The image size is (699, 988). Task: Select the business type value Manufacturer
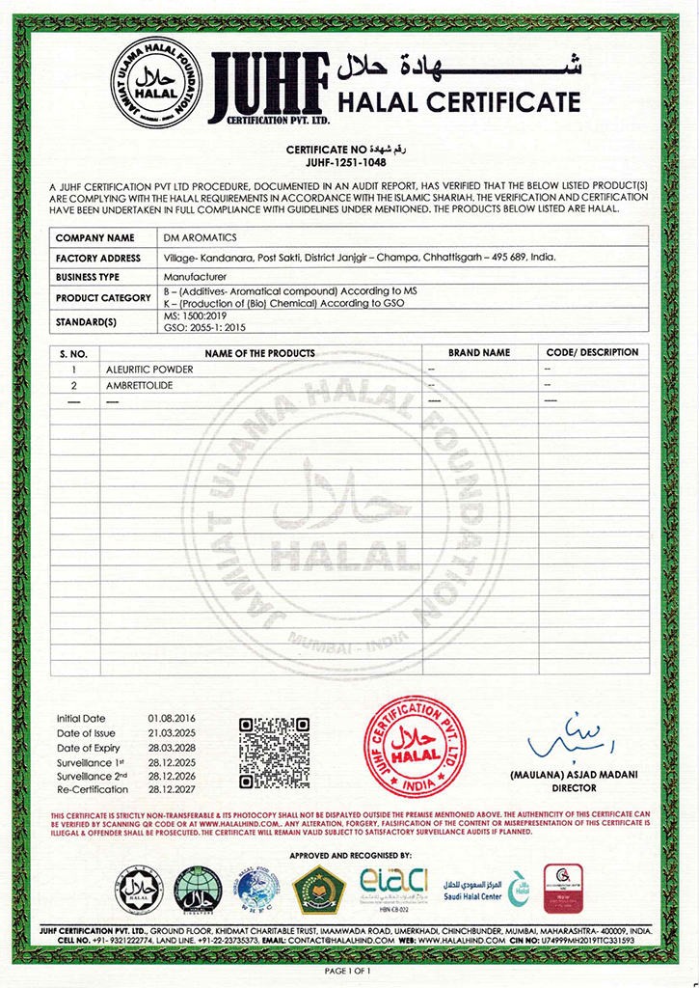pyautogui.click(x=190, y=277)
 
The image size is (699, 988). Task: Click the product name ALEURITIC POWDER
pyautogui.click(x=148, y=370)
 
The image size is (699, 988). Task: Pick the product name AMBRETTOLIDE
pyautogui.click(x=144, y=386)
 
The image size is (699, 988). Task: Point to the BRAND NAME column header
pyautogui.click(x=479, y=353)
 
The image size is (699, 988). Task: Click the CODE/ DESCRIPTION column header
pyautogui.click(x=592, y=353)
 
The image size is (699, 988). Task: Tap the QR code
pyautogui.click(x=273, y=753)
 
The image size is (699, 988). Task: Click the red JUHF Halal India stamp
pyautogui.click(x=415, y=746)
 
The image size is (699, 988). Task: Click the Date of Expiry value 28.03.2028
pyautogui.click(x=172, y=748)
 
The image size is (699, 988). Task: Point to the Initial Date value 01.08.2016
pyautogui.click(x=172, y=719)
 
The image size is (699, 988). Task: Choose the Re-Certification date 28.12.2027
pyautogui.click(x=172, y=790)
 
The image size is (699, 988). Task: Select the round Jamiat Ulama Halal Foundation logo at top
pyautogui.click(x=156, y=82)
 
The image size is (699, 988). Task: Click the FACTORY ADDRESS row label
pyautogui.click(x=99, y=258)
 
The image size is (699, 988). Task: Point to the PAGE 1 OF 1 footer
pyautogui.click(x=348, y=970)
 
